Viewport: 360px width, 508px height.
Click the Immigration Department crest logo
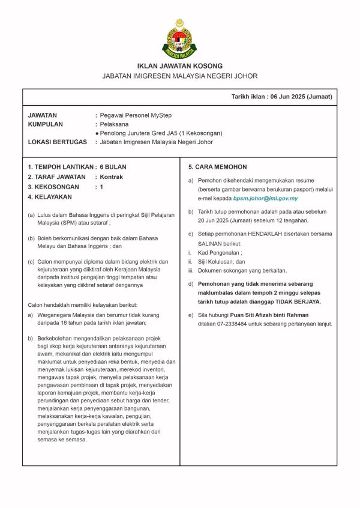pos(179,38)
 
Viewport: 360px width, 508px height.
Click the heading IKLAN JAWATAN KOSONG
pos(179,66)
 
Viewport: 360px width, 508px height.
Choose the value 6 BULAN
pos(113,167)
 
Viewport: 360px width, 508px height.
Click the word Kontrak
pos(112,177)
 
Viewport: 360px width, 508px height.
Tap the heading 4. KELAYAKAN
pos(50,197)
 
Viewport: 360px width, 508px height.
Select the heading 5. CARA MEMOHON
pos(209,167)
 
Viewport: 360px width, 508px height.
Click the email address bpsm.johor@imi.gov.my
pos(265,198)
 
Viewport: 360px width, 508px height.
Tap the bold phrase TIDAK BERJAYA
pos(295,301)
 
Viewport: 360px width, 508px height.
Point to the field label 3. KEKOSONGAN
pos(53,187)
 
